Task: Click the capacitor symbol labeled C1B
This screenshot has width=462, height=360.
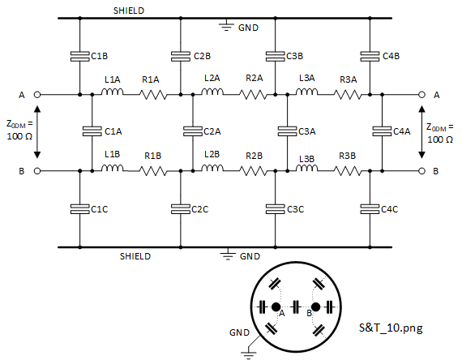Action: coord(80,56)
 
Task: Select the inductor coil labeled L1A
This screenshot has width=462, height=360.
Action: coord(112,92)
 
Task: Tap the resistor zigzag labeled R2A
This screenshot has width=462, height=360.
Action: coord(254,95)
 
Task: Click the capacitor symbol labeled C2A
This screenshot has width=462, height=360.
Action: coord(193,131)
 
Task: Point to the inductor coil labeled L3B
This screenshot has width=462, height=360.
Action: coord(306,168)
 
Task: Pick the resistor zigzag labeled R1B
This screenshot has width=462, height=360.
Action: coord(153,171)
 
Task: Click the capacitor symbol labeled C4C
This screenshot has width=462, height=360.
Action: coord(370,209)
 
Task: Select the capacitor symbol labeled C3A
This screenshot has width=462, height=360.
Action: coord(287,131)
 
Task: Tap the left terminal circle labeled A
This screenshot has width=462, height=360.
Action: coord(37,95)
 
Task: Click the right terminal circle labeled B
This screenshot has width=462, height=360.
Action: coord(422,171)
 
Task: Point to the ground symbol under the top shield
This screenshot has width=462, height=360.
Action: coord(226,25)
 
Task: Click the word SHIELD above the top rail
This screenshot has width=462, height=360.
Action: coord(129,11)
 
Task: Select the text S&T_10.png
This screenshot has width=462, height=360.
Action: coord(391,328)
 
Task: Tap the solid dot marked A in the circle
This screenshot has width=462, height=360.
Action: coord(276,307)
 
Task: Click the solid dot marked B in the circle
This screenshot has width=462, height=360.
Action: coord(315,307)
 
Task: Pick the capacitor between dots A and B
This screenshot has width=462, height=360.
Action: coord(296,307)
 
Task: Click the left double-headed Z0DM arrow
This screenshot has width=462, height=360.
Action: coord(37,132)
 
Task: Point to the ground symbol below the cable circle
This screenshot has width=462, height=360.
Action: coord(248,354)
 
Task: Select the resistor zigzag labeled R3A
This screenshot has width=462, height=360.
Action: coord(348,95)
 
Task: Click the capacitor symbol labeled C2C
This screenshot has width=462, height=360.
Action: coord(181,209)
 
